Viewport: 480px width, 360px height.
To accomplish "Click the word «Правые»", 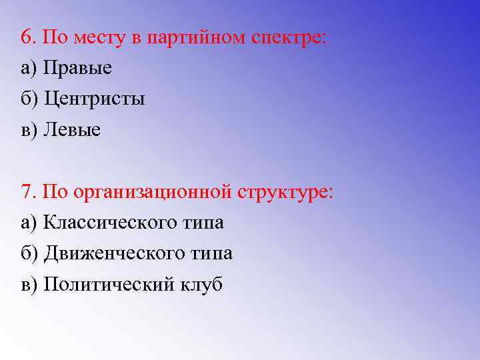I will (x=77, y=68).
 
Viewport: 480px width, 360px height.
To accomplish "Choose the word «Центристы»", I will (x=94, y=99).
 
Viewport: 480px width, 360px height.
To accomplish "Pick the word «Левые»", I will (x=72, y=130).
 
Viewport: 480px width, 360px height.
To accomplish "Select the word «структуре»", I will (x=284, y=193).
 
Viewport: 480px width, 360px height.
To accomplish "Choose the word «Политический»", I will (x=109, y=285).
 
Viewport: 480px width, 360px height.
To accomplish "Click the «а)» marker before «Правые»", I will (x=29, y=68).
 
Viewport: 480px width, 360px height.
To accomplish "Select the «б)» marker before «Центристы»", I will (x=30, y=99).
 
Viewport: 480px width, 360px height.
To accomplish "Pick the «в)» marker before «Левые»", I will (x=29, y=130).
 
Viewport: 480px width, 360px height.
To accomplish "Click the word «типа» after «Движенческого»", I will (x=210, y=254).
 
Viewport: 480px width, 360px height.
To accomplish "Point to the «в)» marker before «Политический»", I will (x=29, y=285).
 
